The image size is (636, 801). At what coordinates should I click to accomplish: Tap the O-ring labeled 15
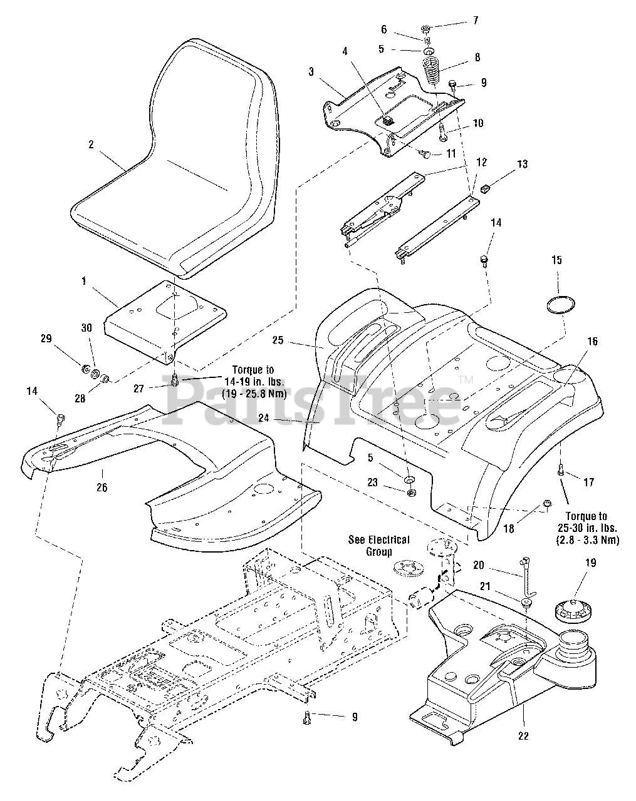click(560, 305)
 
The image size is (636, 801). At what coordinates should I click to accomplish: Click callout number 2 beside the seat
click(91, 145)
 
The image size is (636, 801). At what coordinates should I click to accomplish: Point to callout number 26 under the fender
click(102, 487)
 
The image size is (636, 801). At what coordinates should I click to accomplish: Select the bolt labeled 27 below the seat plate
click(174, 380)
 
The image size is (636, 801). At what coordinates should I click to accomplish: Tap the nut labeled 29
click(85, 369)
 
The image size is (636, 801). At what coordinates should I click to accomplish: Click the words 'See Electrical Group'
click(378, 545)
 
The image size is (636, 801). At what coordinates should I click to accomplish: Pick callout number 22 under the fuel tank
click(523, 736)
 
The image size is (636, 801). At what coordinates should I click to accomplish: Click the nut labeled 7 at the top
click(425, 28)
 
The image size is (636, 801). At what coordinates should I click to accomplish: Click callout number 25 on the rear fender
click(278, 340)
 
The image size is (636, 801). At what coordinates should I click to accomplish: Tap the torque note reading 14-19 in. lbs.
click(254, 382)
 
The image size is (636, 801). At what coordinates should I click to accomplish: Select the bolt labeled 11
click(425, 153)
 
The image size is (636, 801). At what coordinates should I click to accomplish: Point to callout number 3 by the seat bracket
click(311, 71)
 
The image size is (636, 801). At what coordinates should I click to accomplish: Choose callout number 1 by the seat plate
click(84, 281)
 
